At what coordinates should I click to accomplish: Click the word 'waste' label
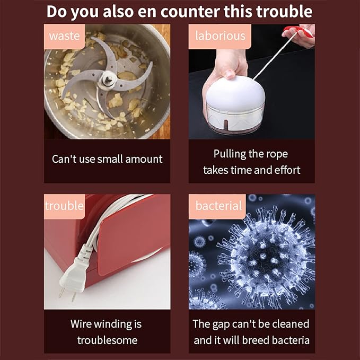point(64,36)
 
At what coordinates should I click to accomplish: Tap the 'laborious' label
point(220,36)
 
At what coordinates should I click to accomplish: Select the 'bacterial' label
point(218,206)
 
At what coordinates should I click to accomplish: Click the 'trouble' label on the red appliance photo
point(64,206)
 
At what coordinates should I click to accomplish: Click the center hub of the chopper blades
point(107,80)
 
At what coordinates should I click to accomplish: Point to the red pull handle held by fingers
point(298,31)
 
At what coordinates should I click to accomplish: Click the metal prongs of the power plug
point(67,295)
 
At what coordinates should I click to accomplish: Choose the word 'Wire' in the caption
point(81,324)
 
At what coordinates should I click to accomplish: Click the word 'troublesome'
point(107,340)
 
